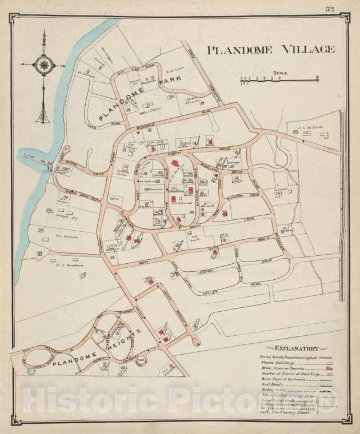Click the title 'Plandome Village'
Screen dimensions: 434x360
pos(270,50)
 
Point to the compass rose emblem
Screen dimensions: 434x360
pos(43,65)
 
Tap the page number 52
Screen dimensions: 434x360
pos(330,9)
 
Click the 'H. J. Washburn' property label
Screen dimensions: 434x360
pos(66,265)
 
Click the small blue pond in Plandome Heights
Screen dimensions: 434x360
pos(31,371)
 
